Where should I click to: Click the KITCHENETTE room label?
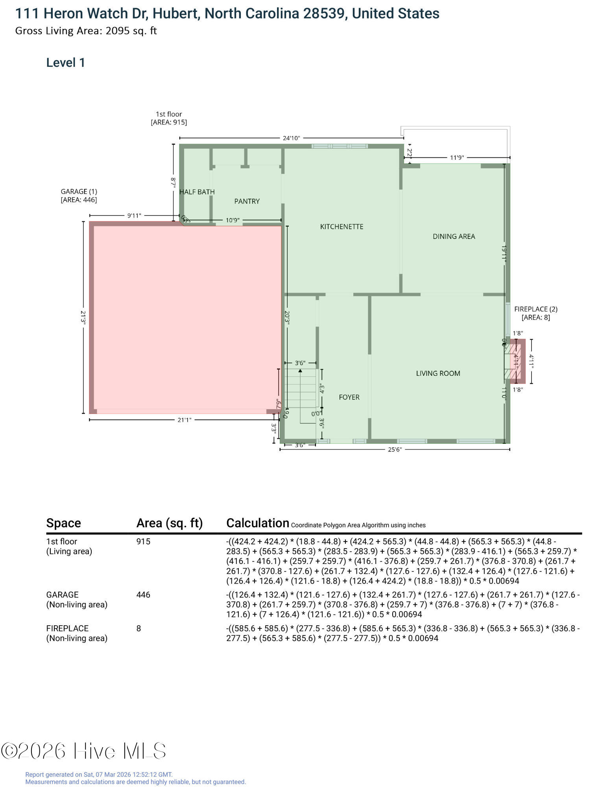point(342,227)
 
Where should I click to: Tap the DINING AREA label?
point(454,236)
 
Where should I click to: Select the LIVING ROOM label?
point(438,373)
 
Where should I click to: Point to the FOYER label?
point(349,397)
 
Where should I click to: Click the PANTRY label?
point(247,201)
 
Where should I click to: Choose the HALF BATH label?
point(197,192)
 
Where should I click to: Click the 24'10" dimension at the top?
point(291,138)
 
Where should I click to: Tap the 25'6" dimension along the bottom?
point(395,450)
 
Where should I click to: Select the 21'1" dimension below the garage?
point(184,420)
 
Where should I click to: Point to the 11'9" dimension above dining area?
point(457,158)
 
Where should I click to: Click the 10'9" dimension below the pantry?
point(233,220)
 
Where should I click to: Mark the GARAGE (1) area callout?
point(79,196)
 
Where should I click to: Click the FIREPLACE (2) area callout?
point(536,313)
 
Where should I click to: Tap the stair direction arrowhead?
point(300,371)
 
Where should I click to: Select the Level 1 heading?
point(66,63)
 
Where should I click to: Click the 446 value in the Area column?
point(143,595)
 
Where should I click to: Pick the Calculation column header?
point(258,523)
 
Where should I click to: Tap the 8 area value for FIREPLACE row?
point(138,628)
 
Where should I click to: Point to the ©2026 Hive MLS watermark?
point(83,751)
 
